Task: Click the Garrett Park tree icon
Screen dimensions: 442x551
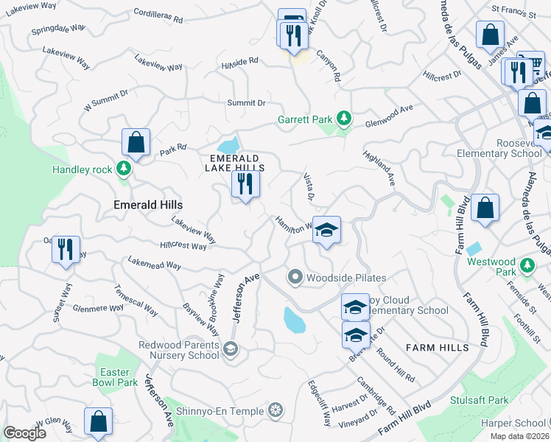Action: [343, 118]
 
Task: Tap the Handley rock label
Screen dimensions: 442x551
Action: [82, 169]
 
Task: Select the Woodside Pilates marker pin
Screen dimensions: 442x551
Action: [295, 278]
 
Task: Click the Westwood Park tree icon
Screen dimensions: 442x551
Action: [527, 264]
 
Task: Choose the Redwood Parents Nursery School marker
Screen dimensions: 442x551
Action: [231, 348]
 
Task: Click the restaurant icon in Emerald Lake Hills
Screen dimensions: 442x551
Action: [245, 183]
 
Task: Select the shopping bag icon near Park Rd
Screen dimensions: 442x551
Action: [136, 141]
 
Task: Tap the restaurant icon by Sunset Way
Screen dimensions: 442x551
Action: [66, 249]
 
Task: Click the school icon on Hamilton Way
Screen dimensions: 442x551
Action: [326, 231]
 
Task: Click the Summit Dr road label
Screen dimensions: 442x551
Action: [246, 103]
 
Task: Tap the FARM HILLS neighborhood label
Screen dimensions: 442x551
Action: [438, 347]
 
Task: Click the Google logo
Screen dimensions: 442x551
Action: [25, 433]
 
